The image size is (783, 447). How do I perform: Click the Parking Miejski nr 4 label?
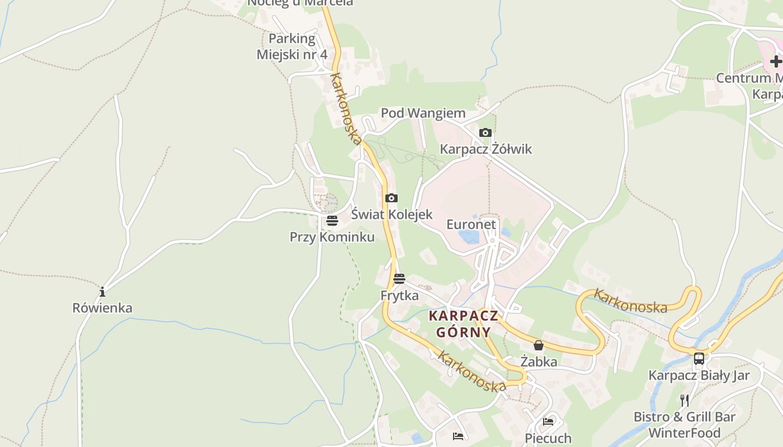[x=292, y=46]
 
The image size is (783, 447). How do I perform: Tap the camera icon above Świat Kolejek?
[x=391, y=198]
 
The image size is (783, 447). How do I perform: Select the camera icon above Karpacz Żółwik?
[x=485, y=132]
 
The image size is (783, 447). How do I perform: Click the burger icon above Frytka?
[x=399, y=279]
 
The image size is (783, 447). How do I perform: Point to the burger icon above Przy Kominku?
[x=332, y=221]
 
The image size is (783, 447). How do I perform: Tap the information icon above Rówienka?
[x=102, y=292]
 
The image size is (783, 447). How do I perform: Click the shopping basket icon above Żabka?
[x=539, y=345]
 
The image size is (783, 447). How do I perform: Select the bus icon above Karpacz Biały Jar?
[x=699, y=358]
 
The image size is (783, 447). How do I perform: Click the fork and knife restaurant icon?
[x=684, y=400]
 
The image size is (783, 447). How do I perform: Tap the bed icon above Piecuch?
[x=548, y=422]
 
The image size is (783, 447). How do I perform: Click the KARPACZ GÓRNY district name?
[x=463, y=324]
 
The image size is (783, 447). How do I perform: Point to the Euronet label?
[x=471, y=225]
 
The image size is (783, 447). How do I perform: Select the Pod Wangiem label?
[x=423, y=113]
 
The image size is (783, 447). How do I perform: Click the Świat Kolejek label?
[x=391, y=214]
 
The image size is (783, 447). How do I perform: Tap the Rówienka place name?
[x=102, y=308]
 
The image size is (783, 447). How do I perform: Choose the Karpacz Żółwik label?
[x=485, y=149]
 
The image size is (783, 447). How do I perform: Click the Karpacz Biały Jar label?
[x=699, y=375]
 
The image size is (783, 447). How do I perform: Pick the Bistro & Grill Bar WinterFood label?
[x=684, y=425]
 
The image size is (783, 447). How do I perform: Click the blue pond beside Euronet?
[x=469, y=237]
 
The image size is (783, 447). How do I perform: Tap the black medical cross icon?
[x=776, y=61]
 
